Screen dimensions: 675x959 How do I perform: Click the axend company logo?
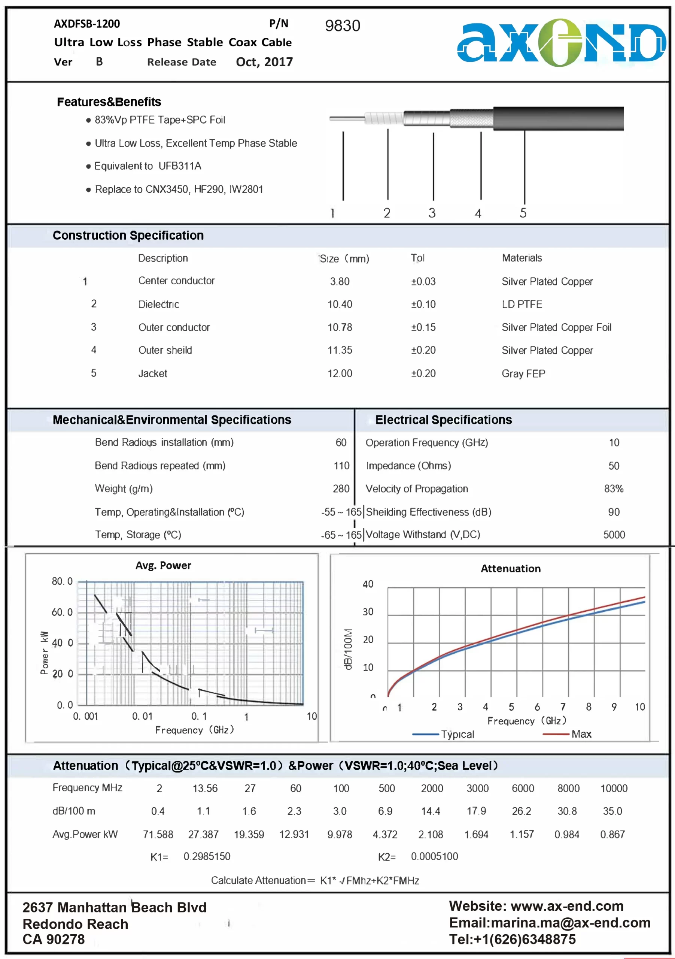tap(561, 43)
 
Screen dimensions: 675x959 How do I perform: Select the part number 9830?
tap(342, 26)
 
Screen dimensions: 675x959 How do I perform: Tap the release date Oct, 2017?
tap(264, 62)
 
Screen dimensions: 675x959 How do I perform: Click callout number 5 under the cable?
tap(523, 213)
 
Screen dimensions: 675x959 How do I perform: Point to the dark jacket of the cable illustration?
tap(558, 119)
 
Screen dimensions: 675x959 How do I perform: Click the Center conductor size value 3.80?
tap(340, 281)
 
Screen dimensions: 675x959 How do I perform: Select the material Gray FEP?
tap(523, 373)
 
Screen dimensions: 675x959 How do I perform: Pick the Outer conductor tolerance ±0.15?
tap(423, 327)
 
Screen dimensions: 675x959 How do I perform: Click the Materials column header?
tap(522, 258)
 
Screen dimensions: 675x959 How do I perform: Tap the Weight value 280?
tap(341, 489)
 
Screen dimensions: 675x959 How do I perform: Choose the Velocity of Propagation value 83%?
tap(614, 489)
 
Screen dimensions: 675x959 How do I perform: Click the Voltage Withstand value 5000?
tap(614, 535)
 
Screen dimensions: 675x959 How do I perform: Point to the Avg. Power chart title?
tap(163, 566)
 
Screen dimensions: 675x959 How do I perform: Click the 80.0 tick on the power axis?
tap(62, 581)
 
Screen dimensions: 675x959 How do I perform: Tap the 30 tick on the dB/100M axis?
tap(368, 612)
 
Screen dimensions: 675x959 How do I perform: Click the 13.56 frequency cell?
tap(205, 788)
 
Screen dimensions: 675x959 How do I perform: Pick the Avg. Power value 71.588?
tap(158, 835)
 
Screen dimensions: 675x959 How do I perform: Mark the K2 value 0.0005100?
tap(435, 857)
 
